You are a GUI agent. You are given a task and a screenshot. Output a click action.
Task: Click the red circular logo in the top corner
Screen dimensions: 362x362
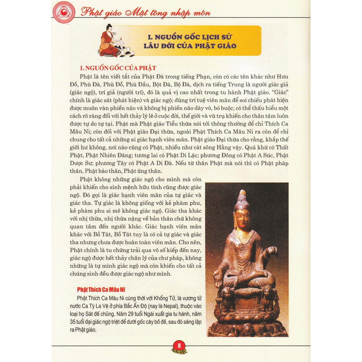pos(64,12)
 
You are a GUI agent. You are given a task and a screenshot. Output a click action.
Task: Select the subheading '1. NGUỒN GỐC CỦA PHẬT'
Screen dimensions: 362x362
pos(118,68)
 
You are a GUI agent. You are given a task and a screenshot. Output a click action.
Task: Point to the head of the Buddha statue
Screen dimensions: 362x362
pos(243,216)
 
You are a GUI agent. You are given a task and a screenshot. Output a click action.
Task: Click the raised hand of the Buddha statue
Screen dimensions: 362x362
pos(271,252)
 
